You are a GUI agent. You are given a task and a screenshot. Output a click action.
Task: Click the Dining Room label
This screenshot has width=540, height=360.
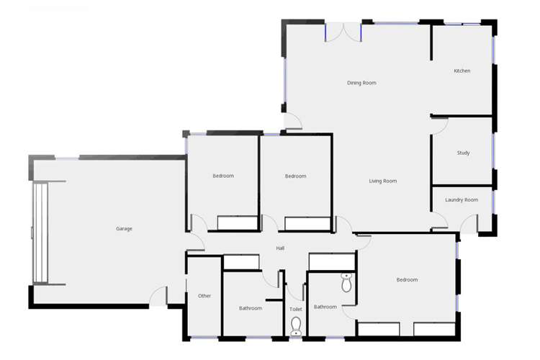[x=361, y=83]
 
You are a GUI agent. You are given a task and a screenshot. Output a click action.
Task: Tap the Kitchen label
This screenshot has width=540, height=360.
[x=462, y=71]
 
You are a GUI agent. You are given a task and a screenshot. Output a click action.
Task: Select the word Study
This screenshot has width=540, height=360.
[x=463, y=153]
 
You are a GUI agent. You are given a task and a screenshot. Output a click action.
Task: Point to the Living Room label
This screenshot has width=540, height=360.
[x=383, y=181]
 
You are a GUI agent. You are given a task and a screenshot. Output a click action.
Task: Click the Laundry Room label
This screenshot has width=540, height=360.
[x=462, y=199]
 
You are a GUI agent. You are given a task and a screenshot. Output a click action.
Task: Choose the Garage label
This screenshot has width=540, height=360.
[x=124, y=229]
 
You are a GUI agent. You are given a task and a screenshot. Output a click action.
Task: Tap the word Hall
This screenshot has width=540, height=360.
[x=280, y=248]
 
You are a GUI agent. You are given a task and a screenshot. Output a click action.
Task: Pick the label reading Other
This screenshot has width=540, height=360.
[x=204, y=296]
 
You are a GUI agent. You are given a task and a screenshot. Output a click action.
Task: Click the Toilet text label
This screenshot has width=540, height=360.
[x=295, y=309]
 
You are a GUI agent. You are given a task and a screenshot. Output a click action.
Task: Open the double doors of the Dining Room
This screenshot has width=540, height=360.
[x=343, y=32]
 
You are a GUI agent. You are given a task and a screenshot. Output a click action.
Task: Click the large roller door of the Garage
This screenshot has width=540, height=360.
[x=40, y=232]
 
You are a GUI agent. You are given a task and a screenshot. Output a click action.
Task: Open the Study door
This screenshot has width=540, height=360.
[x=440, y=125]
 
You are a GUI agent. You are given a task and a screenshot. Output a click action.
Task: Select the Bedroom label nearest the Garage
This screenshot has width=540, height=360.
[x=223, y=176]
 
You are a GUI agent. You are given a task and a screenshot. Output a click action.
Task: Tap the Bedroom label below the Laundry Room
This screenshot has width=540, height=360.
[x=407, y=279]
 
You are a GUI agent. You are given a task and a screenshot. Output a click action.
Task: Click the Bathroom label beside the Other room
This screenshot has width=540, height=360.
[x=251, y=308]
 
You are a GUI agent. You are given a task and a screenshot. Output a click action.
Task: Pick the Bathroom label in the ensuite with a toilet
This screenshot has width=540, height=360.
[x=325, y=307]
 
